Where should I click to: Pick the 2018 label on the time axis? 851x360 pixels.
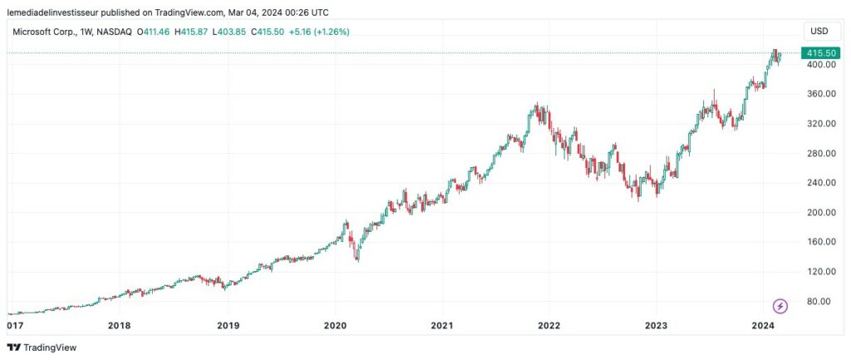pyautogui.click(x=119, y=325)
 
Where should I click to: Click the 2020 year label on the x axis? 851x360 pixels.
pyautogui.click(x=335, y=325)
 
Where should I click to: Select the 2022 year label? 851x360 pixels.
pyautogui.click(x=548, y=325)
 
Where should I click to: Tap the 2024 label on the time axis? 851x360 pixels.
pyautogui.click(x=764, y=325)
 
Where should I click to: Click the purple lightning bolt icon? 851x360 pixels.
pyautogui.click(x=780, y=305)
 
